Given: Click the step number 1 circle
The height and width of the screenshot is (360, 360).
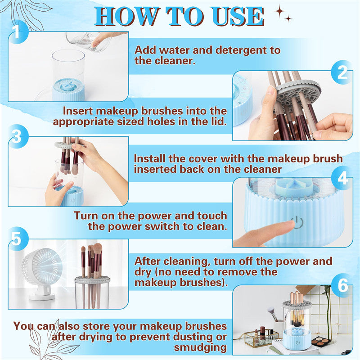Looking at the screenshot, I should coord(17,32).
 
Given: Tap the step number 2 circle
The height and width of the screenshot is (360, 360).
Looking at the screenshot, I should coord(342,72).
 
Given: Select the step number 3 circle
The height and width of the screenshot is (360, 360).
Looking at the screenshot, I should coord(17,137).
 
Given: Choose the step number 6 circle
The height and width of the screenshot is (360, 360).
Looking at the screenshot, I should coord(342,286).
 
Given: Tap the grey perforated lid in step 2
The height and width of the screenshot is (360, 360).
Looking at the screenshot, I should coord(297,90).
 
